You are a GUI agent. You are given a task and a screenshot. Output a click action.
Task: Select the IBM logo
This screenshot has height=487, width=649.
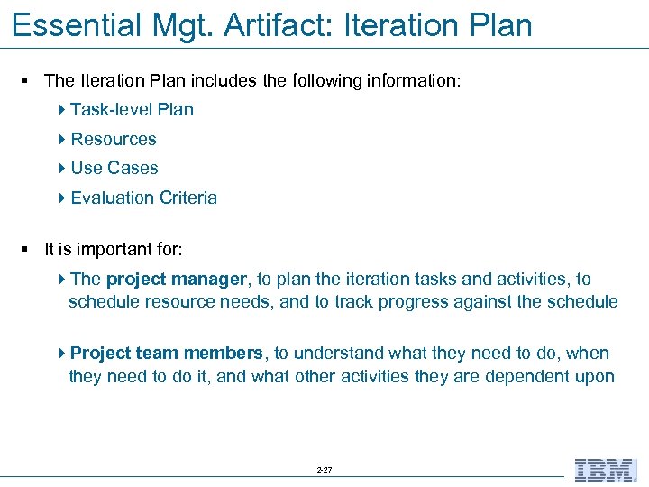pos(605,470)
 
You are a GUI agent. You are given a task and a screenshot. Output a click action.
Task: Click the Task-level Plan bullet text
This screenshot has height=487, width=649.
pos(132,110)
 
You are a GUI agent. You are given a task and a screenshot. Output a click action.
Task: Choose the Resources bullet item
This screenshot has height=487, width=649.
pos(114,139)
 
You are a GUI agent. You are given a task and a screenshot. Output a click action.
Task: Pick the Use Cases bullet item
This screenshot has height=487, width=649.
pos(114,169)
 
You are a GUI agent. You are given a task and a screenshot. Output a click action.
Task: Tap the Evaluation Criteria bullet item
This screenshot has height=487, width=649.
pos(144,198)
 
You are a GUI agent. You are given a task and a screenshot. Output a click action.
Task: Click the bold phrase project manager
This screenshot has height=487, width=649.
pos(177,280)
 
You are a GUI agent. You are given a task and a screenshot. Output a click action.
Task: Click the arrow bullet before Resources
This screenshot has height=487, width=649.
pos(62,139)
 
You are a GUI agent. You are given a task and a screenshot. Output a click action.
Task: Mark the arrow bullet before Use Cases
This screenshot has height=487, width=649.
pos(62,169)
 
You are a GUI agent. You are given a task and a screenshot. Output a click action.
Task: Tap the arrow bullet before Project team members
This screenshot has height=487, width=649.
pos(62,354)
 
